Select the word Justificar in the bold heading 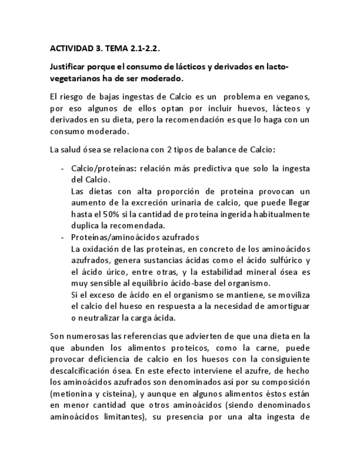pos(68,67)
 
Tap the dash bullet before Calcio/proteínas pos(63,168)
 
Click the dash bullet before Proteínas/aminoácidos pos(63,237)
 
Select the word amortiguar pos(288,306)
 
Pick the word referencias pos(147,336)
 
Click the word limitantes pos(119,417)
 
